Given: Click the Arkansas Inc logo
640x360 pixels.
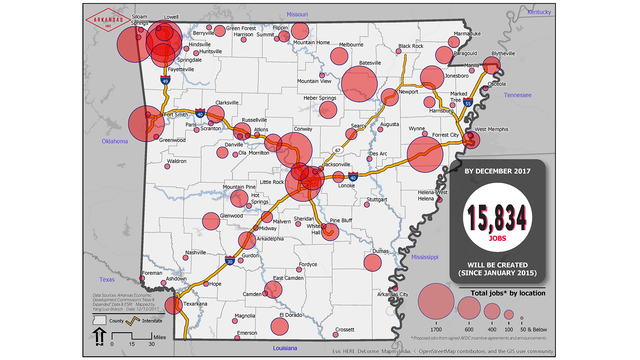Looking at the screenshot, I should click(x=108, y=20).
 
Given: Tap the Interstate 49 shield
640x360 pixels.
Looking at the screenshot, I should click(x=165, y=80).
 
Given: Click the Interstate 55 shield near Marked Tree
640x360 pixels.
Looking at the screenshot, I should click(x=468, y=103).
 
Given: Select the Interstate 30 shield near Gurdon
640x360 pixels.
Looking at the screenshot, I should click(x=230, y=261).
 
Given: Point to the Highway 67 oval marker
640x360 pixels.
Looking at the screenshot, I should click(x=338, y=150).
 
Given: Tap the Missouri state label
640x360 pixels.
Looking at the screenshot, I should click(x=297, y=14).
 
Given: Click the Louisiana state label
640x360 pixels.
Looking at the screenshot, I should click(x=285, y=348).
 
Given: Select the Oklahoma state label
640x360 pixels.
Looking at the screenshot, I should click(x=115, y=141).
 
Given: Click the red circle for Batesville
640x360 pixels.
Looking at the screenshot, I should click(x=359, y=84).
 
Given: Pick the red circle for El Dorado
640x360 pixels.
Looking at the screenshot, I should click(x=279, y=326).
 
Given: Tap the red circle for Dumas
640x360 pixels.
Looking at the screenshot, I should click(x=372, y=263).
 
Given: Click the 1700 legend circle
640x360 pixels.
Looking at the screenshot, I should click(x=436, y=301).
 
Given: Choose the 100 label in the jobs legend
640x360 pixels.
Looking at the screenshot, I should click(x=509, y=330).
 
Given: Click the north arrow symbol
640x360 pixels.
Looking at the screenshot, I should click(x=99, y=336).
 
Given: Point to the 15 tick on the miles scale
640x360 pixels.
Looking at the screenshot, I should click(x=132, y=344).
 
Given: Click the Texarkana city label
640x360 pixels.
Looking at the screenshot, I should click(x=195, y=304).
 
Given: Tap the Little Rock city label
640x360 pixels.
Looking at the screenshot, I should click(x=272, y=182).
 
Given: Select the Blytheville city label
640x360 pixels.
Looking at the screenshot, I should click(x=503, y=53).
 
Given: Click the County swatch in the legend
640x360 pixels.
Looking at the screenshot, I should click(x=99, y=320).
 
